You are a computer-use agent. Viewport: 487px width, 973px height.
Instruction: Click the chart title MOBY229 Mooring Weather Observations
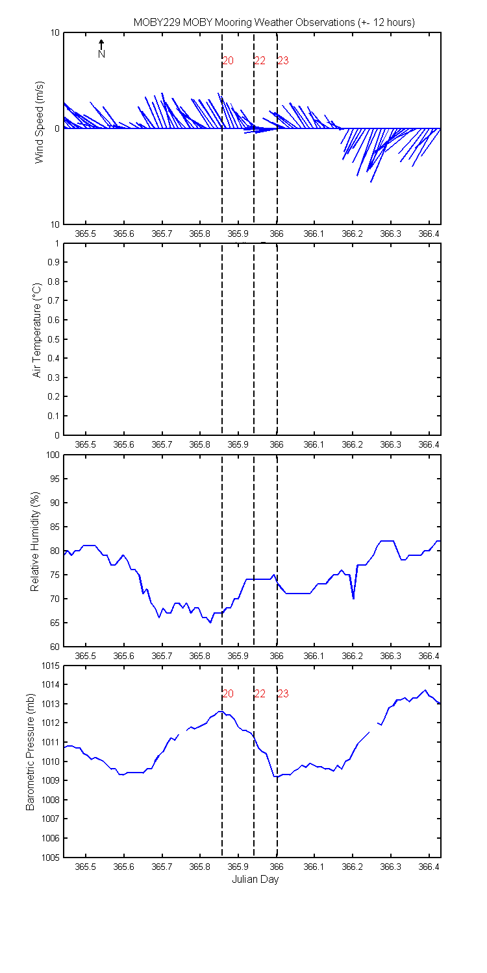coord(273,22)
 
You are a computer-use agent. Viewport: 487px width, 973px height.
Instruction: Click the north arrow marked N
coord(101,49)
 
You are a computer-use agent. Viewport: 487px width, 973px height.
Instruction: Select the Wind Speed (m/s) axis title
coord(40,128)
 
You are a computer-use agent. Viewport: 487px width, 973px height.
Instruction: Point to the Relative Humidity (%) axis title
coord(35,551)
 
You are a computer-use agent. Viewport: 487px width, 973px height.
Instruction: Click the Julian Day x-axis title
coord(255,880)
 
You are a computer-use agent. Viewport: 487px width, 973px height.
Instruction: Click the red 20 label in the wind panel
coord(228,61)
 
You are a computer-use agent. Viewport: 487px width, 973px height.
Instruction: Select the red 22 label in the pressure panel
coord(260,693)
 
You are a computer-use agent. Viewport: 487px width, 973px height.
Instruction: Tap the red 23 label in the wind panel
coord(283,61)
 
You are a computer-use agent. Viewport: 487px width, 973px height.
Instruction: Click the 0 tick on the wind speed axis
coord(57,128)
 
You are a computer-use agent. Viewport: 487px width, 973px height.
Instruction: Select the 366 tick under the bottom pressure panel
coord(277,867)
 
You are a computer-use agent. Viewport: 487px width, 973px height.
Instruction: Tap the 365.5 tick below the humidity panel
coord(86,656)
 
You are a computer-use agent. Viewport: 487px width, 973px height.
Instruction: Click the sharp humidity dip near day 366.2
coord(353,597)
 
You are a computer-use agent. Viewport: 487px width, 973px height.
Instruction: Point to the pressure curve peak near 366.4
coord(425,690)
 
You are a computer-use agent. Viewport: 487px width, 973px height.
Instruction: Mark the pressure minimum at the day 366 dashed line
coord(276,776)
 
